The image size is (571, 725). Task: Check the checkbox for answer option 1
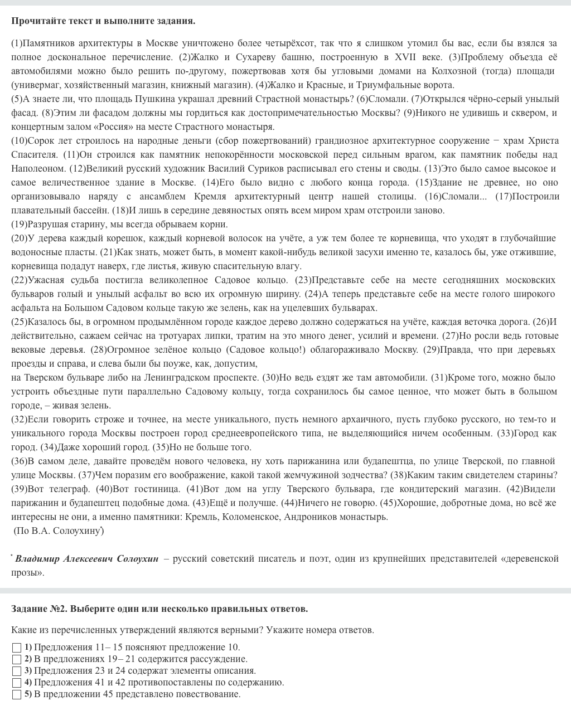(x=17, y=648)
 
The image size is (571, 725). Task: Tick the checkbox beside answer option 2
(x=17, y=659)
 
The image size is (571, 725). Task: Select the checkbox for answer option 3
(x=17, y=671)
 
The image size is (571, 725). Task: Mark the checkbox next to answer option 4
(x=17, y=683)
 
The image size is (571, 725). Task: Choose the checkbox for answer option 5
(x=17, y=694)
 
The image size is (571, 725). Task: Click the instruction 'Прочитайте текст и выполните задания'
(x=103, y=21)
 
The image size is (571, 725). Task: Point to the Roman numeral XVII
(x=405, y=57)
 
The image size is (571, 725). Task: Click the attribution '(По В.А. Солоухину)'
(x=58, y=531)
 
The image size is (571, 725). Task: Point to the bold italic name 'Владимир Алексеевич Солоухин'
(x=86, y=558)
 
